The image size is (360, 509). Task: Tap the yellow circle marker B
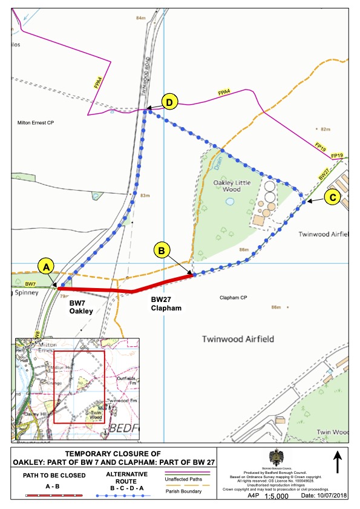click(x=162, y=250)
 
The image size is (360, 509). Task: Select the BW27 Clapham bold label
click(x=166, y=303)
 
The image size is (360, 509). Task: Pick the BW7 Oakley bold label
click(x=80, y=307)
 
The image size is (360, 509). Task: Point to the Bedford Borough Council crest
click(x=280, y=456)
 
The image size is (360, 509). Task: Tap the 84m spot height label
click(x=141, y=18)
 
